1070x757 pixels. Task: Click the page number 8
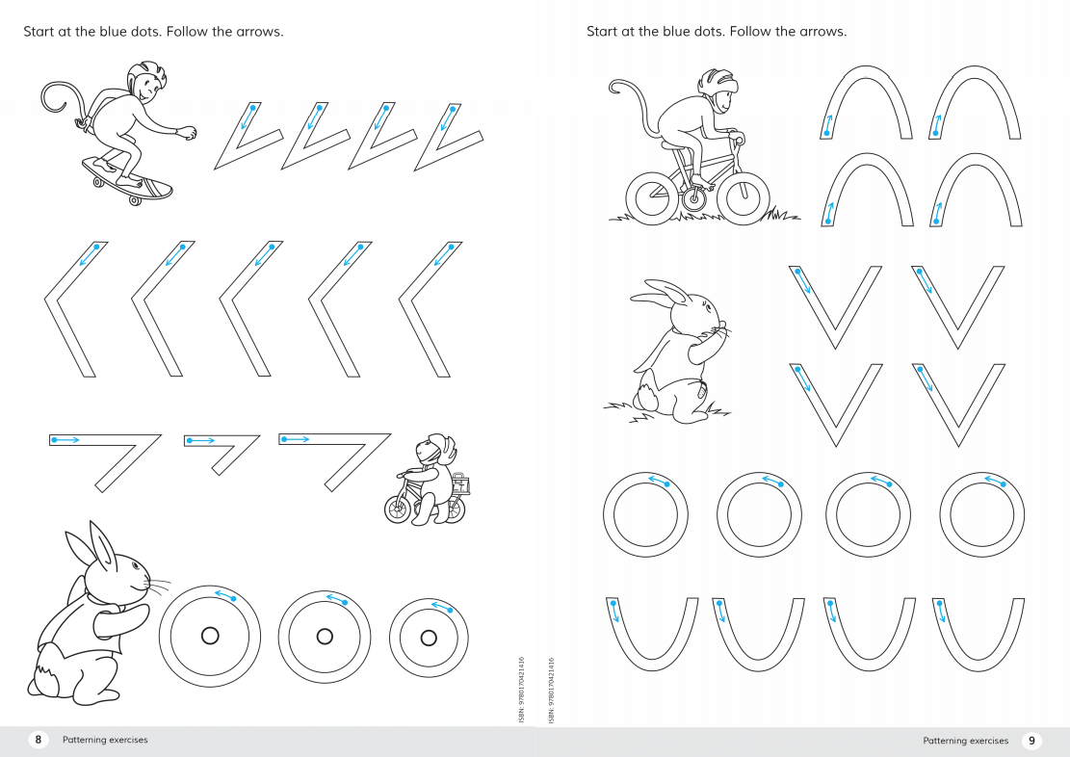coord(39,740)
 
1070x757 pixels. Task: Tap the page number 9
coord(1031,740)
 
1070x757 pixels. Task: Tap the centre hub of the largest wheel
coord(210,637)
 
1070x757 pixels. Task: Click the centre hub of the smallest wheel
coord(429,639)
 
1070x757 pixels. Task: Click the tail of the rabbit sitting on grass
coord(645,396)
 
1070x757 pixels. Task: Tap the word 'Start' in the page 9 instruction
coord(601,32)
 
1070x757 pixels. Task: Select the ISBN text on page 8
coord(521,690)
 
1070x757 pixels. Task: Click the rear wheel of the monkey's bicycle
coord(653,198)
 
